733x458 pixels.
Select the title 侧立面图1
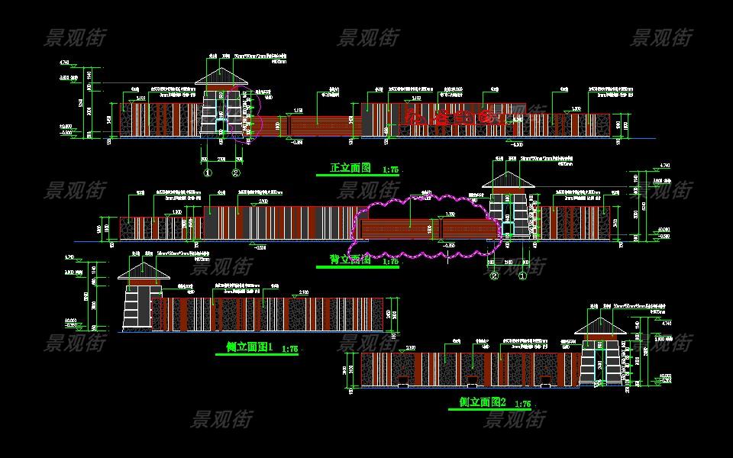(248, 347)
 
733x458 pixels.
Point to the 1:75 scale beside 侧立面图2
(523, 403)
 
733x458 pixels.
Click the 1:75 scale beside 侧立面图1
(289, 349)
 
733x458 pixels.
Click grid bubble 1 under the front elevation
(207, 173)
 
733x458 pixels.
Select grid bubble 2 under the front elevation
(237, 173)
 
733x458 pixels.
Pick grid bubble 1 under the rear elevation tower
(523, 276)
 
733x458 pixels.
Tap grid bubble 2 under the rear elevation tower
(494, 276)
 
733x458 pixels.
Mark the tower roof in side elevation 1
(144, 271)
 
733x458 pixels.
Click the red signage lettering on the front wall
(456, 118)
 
